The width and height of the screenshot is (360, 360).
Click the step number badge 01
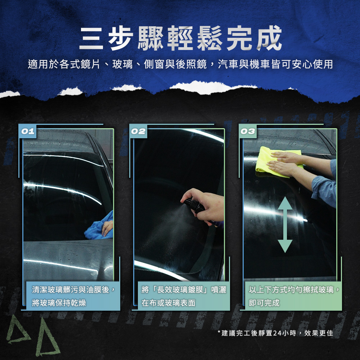point(28,131)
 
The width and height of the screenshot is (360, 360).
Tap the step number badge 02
point(138,131)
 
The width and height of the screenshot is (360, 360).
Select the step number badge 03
point(248,131)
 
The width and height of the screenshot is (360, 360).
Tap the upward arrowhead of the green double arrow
point(285,203)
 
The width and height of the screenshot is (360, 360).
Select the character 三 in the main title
point(91,39)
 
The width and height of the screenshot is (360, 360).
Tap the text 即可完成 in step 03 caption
point(264,303)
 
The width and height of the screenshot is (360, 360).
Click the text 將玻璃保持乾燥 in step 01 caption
point(59,303)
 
